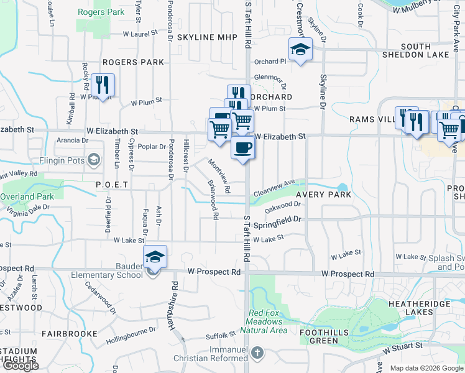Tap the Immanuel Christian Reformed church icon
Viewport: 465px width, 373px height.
258,353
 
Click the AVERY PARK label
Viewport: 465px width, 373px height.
323,195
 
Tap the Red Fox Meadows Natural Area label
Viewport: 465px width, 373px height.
267,321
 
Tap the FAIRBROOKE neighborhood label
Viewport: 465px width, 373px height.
69,334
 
